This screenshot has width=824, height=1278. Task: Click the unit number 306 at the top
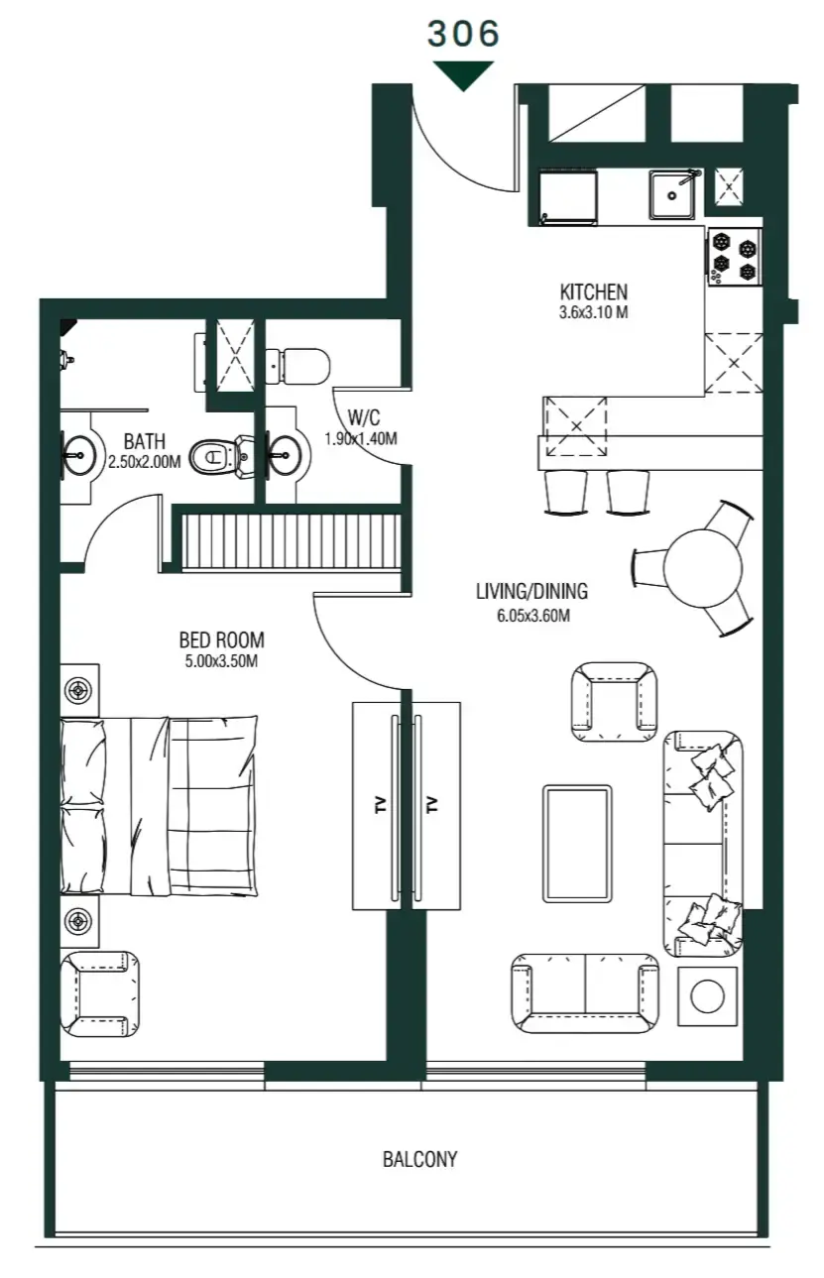[x=463, y=34]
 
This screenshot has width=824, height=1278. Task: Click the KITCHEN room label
[x=593, y=292]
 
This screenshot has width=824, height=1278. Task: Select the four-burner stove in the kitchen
[x=734, y=256]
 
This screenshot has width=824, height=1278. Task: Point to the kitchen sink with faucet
[x=674, y=193]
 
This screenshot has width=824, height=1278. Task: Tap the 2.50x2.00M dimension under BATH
[x=144, y=461]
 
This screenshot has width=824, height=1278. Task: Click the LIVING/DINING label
[x=531, y=592]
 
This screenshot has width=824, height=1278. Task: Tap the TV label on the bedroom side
[x=380, y=804]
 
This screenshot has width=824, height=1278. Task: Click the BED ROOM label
[x=222, y=640]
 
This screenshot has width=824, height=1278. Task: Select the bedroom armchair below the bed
[x=99, y=994]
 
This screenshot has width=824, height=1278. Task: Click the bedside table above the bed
[x=79, y=689]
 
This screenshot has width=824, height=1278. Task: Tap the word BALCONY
[x=420, y=1159]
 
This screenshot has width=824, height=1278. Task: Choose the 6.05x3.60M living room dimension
[x=531, y=615]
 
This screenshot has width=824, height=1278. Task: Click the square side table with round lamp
[x=707, y=996]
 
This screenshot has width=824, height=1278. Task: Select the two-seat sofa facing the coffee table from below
[x=585, y=992]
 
